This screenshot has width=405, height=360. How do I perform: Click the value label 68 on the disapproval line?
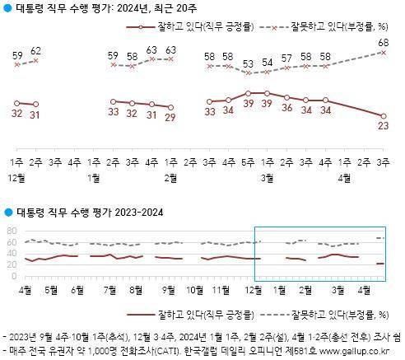pyautogui.click(x=383, y=42)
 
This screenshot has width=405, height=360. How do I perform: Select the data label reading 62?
pyautogui.click(x=35, y=51)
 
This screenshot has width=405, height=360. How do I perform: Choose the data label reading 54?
pyautogui.click(x=268, y=63)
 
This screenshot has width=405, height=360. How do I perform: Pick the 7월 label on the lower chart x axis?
pyautogui.click(x=109, y=291)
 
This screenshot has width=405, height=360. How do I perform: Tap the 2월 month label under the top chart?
pyautogui.click(x=171, y=177)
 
